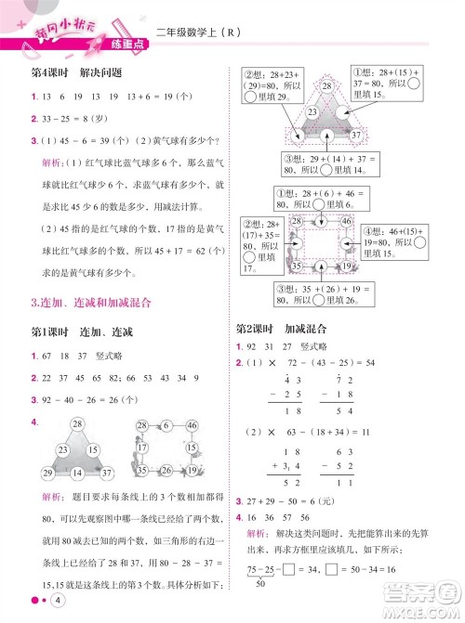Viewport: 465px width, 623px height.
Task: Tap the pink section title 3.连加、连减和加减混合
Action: [x=91, y=302]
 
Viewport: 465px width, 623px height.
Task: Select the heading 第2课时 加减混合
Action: [x=280, y=330]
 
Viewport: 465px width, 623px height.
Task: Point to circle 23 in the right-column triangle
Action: [x=286, y=111]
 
